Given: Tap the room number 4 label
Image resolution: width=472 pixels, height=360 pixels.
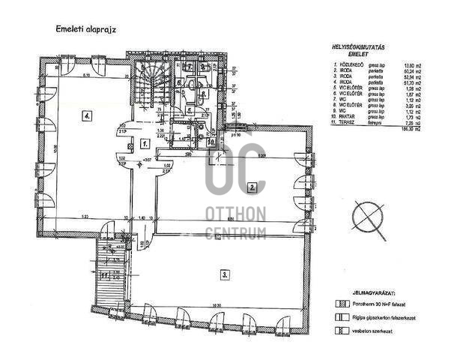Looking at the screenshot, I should (x=88, y=116).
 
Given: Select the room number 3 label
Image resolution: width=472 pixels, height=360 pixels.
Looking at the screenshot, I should (x=224, y=275).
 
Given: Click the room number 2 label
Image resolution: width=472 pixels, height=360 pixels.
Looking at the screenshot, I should (x=253, y=187).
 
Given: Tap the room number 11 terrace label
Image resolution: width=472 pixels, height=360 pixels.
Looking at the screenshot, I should (x=105, y=275).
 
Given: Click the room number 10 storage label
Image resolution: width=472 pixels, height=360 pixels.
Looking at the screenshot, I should (x=212, y=141).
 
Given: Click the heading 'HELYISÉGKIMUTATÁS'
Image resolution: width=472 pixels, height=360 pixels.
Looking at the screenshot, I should (x=359, y=47).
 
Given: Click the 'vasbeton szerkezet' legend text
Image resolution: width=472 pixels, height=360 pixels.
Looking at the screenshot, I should (x=375, y=330).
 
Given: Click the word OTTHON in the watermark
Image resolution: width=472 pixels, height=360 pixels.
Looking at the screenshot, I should (x=236, y=215).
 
